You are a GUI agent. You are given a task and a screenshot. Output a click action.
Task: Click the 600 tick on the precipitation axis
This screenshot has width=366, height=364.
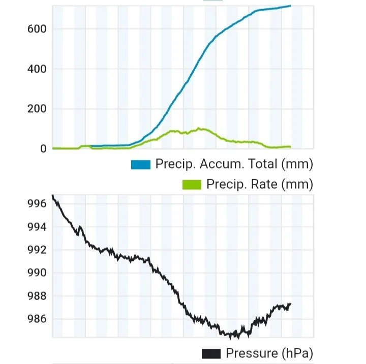coord(37,29)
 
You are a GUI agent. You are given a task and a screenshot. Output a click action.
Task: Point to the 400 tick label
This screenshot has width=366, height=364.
coord(37,69)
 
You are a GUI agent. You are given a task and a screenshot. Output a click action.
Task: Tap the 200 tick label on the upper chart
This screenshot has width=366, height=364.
coord(37,109)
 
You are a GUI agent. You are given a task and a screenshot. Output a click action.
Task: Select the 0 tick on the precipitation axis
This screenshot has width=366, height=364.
coord(43,149)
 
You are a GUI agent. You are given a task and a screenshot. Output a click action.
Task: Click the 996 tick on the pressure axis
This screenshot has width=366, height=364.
coord(37,204)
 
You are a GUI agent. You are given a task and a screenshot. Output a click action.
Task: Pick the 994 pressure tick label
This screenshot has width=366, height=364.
coord(37,227)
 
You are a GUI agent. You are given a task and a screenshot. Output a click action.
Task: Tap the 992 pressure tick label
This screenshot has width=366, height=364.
coord(37,250)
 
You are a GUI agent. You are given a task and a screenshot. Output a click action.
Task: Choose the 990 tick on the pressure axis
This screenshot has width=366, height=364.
coord(37,273)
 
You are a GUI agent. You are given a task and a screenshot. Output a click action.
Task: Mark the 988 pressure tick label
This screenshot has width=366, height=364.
coord(37,296)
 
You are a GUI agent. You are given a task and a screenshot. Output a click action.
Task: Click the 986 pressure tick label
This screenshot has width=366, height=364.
coord(37,319)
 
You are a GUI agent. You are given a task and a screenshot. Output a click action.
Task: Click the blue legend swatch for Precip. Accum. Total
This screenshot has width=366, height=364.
coord(141,164)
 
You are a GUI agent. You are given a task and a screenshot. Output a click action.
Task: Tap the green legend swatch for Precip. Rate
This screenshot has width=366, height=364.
coord(192,184)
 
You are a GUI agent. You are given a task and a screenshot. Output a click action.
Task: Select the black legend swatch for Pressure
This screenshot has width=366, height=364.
coord(211,353)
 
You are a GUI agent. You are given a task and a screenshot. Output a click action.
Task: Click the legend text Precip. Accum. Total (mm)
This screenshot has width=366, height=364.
coord(234,164)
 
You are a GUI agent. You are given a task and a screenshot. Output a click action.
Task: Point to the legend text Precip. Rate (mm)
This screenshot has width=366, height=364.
coord(259,184)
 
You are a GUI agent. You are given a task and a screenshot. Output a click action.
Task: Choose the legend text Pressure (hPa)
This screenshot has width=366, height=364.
coord(269,353)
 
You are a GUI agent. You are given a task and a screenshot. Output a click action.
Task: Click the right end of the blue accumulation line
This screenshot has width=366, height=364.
coord(290,6)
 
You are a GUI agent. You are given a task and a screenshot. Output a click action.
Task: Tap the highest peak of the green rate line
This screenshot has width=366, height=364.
coord(199,128)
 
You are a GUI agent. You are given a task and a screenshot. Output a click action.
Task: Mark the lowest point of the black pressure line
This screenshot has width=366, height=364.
coord(231,338)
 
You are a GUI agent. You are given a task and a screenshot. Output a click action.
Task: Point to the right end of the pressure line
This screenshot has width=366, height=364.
coord(290,304)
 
